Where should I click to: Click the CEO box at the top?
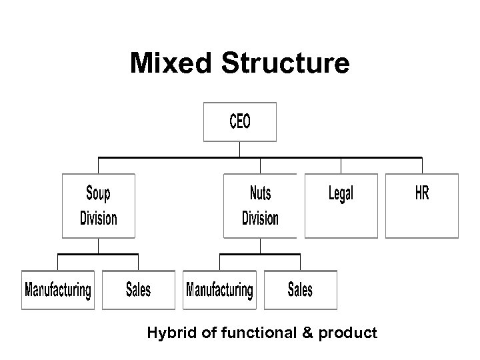coord(239,121)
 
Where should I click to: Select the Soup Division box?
coord(99,205)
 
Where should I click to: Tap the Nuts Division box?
coord(260,205)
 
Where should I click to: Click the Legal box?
coord(341,205)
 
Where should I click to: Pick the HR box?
coord(422,205)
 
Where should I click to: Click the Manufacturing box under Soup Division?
coord(58,290)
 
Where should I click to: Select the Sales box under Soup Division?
coord(139,290)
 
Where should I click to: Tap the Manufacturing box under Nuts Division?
coord(219,290)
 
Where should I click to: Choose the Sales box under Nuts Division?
coord(300,290)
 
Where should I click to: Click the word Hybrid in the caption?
coord(171,332)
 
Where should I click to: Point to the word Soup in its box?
coord(99,194)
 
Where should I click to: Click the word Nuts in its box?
coord(260,194)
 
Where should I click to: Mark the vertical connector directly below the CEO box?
coord(239,149)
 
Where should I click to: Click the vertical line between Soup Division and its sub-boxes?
coord(99,246)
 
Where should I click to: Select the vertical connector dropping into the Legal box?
coord(341,165)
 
